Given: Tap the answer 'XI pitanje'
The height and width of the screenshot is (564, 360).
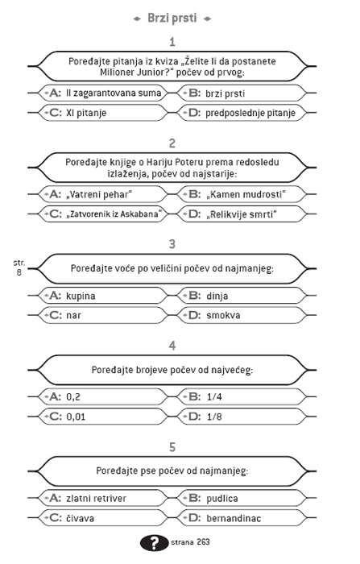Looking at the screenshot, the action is [86, 113].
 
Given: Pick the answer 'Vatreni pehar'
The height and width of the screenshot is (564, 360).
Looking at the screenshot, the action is [98, 194].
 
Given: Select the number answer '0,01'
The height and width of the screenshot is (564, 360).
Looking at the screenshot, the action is [77, 416].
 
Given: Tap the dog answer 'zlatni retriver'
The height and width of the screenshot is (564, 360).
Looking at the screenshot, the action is [96, 498].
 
